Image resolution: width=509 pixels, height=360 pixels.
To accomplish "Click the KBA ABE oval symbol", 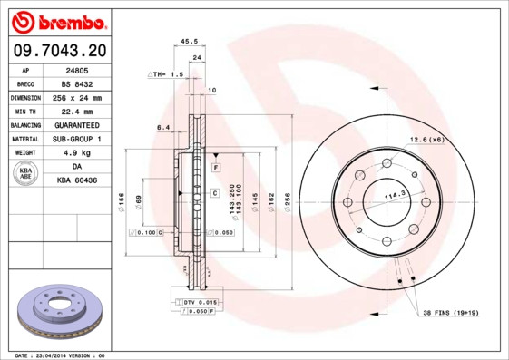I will (x=26, y=173).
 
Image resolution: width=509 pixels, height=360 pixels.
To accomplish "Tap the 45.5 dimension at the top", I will (x=190, y=41).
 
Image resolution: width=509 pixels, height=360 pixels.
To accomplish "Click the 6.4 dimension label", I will (x=164, y=127).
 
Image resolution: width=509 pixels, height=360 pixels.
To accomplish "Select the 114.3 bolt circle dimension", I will (x=395, y=196).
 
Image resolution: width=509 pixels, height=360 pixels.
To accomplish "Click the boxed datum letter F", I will (x=216, y=169).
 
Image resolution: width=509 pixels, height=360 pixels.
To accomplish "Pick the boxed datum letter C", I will (x=215, y=193).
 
